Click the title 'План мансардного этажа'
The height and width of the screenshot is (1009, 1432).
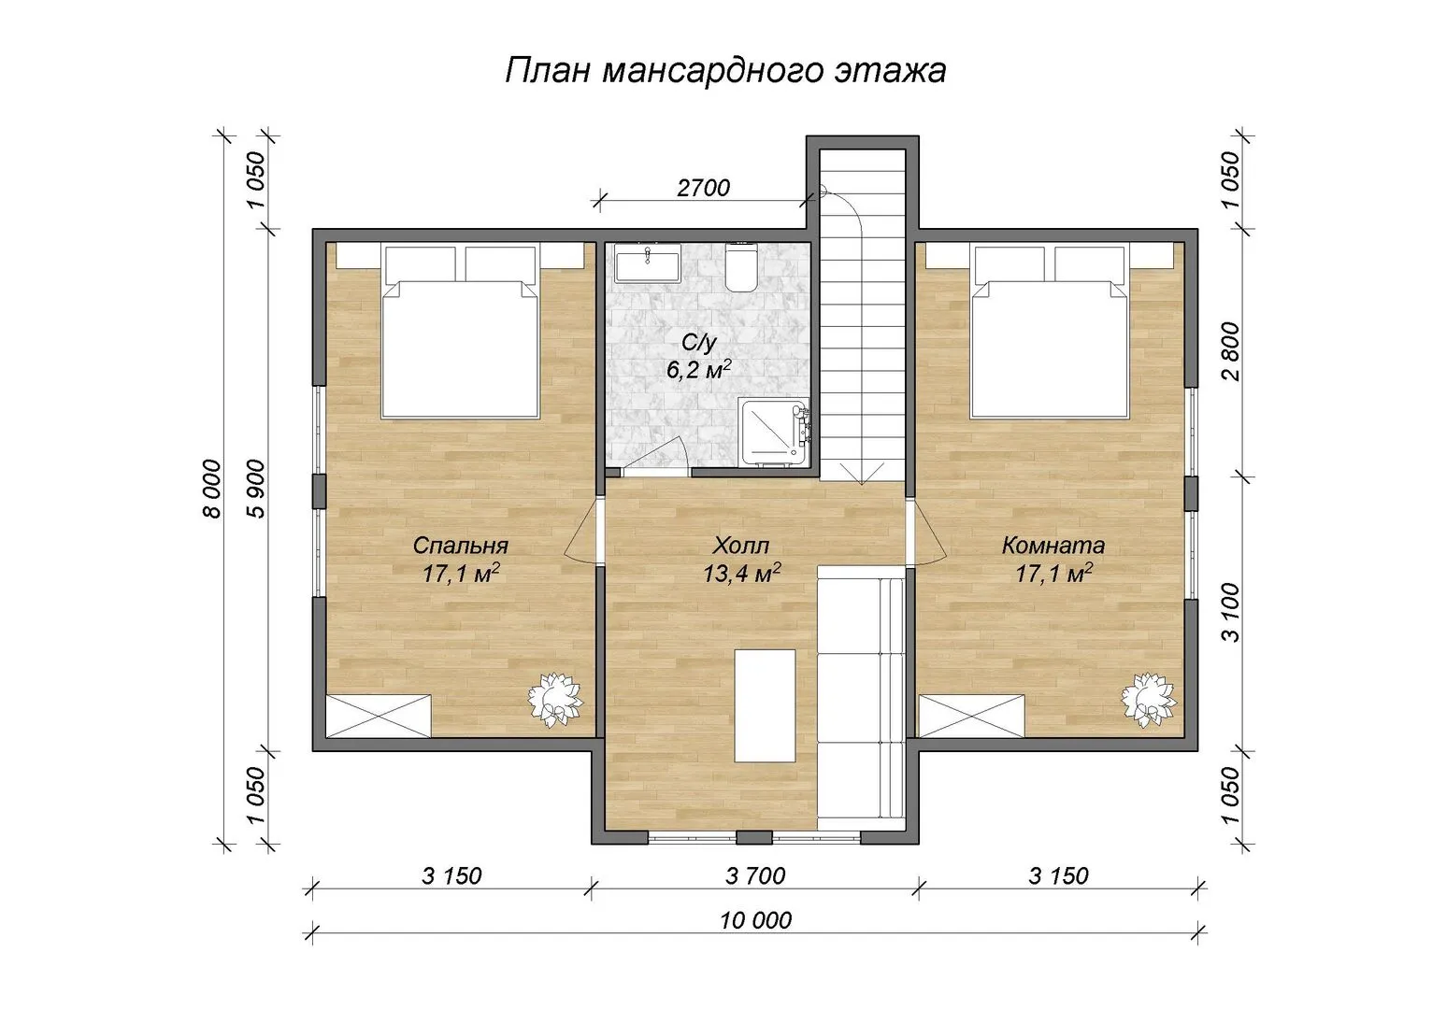[725, 70]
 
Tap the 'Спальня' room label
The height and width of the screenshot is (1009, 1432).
[460, 545]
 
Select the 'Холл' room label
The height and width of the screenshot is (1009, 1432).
[741, 545]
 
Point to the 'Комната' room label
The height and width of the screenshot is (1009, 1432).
[1053, 545]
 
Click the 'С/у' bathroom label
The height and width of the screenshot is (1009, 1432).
[699, 343]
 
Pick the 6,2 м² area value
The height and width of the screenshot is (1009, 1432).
[699, 370]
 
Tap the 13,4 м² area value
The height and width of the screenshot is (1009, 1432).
[741, 574]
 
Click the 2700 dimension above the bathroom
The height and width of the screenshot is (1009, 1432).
[703, 187]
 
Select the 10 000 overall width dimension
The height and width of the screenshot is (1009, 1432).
[755, 920]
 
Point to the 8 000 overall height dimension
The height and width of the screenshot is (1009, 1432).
[213, 489]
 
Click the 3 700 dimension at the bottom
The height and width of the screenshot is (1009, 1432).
[755, 875]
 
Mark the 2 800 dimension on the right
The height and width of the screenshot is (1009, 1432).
[1231, 351]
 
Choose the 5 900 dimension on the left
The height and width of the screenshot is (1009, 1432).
[256, 489]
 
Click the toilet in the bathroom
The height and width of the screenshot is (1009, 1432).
[741, 268]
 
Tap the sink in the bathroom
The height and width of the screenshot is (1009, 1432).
[647, 266]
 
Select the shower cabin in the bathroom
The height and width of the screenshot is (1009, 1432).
[774, 432]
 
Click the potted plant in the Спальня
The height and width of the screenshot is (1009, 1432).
[555, 700]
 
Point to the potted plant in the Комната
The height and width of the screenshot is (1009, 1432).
[1149, 700]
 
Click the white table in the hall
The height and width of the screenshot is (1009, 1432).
[765, 706]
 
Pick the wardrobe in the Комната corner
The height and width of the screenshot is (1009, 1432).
[972, 717]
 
